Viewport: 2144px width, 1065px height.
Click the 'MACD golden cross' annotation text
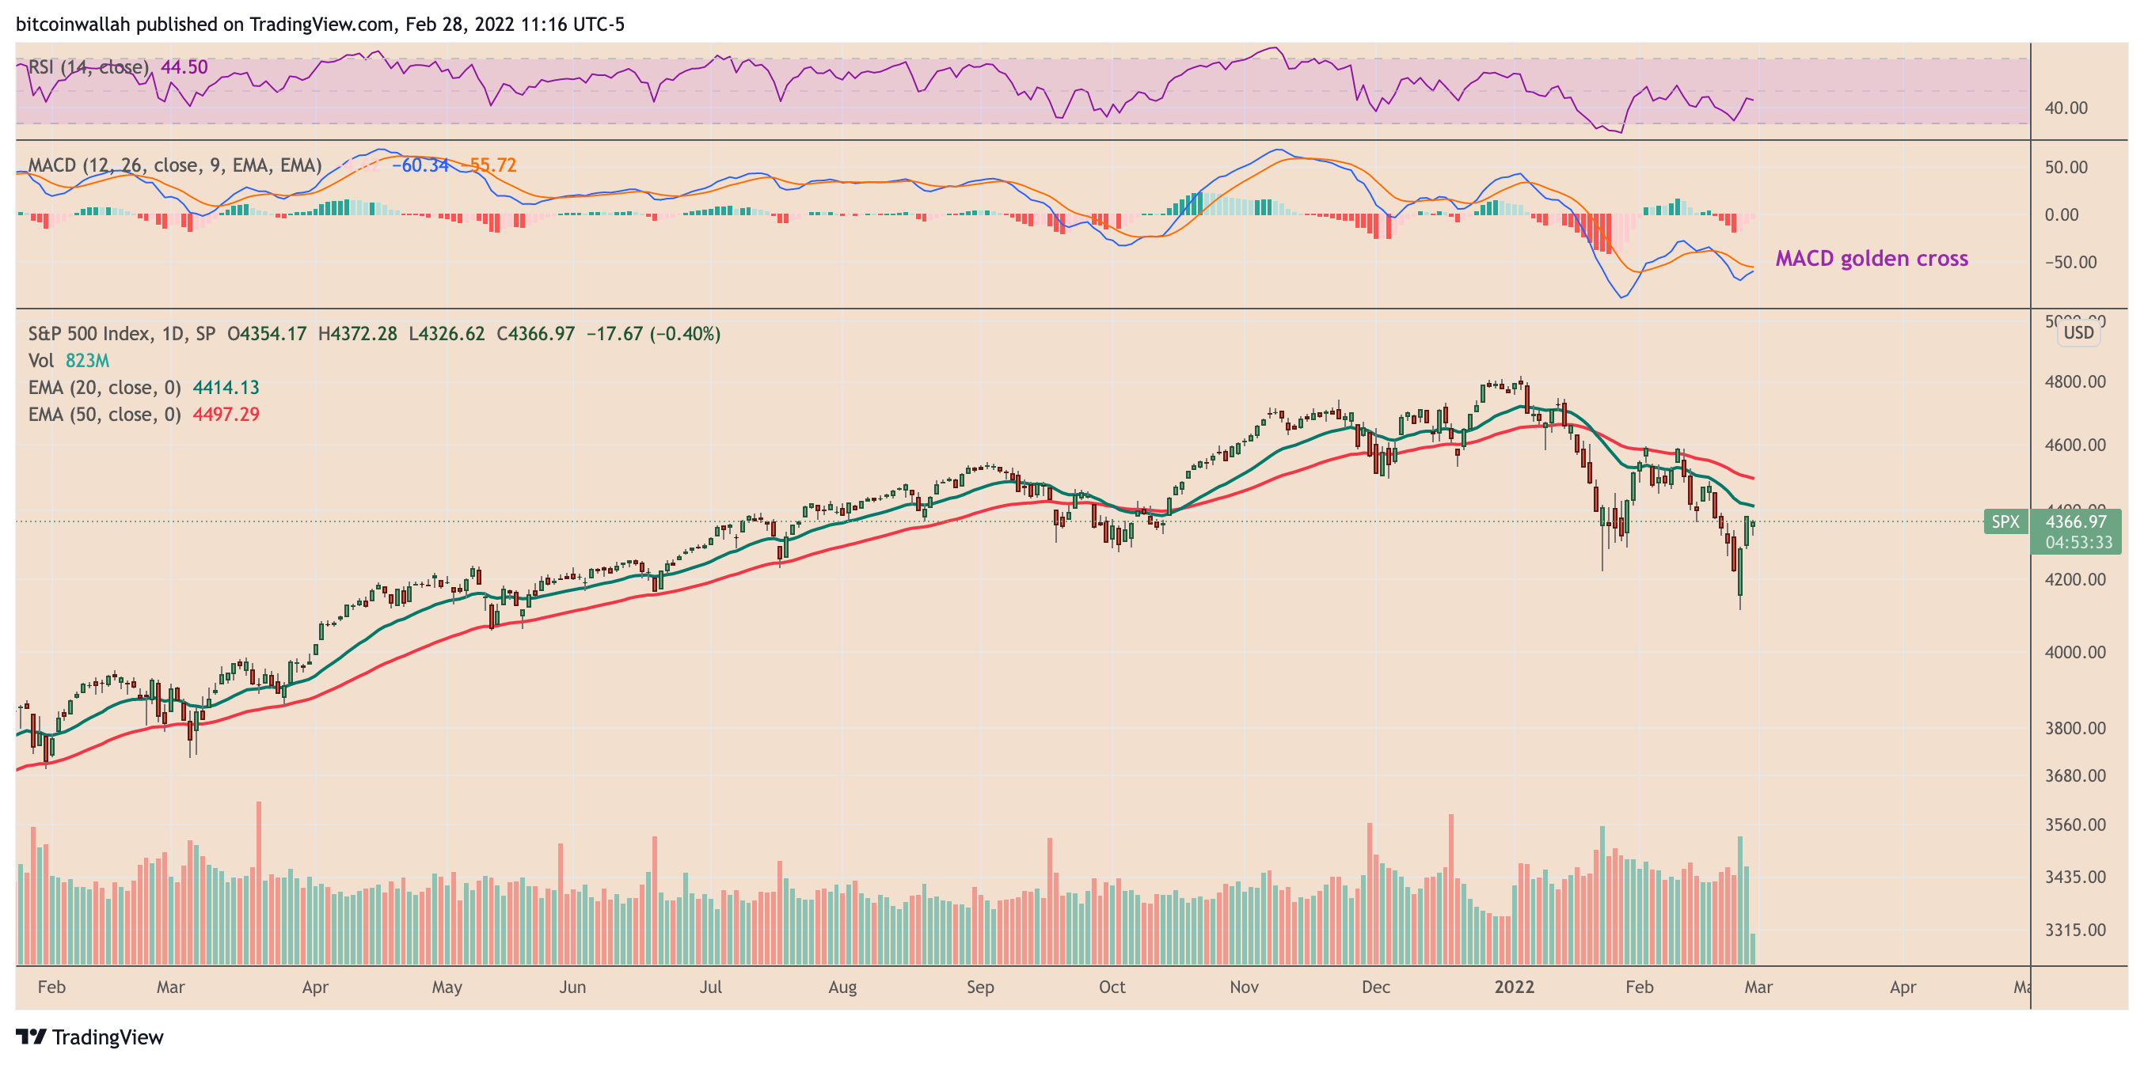[1871, 259]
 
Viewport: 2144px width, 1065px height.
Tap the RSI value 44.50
[184, 67]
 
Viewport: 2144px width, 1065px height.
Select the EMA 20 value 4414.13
[226, 388]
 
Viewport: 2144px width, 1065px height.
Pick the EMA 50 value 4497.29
[226, 415]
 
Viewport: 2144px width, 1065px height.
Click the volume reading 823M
[87, 361]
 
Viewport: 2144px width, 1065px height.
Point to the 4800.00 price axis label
[2075, 382]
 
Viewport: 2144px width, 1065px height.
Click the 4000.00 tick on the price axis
[2075, 652]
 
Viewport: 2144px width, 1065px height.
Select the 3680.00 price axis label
[2075, 775]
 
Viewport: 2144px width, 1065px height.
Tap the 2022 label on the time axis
[1513, 987]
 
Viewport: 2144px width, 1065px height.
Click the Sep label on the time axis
[979, 987]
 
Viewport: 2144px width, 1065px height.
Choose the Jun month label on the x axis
[572, 987]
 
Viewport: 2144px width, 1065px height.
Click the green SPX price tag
[2005, 521]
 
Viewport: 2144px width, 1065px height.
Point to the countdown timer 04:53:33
[2078, 543]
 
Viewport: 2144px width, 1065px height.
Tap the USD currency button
[2078, 333]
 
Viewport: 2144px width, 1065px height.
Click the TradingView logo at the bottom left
[90, 1037]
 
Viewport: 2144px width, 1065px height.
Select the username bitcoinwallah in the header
[72, 24]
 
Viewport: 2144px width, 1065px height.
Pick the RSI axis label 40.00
[2066, 108]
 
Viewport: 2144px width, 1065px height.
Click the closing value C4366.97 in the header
[535, 335]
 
